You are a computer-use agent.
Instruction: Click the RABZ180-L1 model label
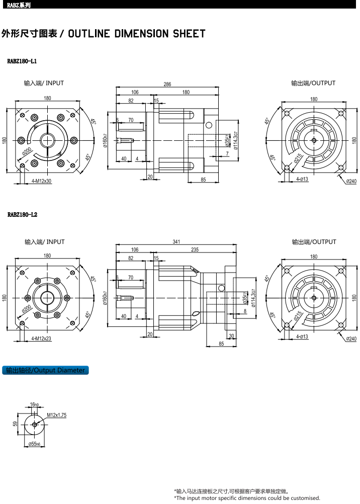[22, 61]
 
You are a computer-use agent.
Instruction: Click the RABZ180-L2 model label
[22, 214]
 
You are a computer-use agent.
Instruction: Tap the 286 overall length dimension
[167, 84]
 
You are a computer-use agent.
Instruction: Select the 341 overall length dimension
[176, 242]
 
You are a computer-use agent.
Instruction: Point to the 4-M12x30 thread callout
[41, 181]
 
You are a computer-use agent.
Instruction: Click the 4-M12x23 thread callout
[41, 339]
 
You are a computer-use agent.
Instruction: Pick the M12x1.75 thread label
[57, 415]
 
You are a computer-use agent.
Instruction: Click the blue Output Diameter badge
[45, 370]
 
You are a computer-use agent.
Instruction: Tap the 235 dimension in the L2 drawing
[195, 249]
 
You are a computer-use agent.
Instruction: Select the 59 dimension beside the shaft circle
[15, 424]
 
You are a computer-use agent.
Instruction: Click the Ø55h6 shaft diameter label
[34, 444]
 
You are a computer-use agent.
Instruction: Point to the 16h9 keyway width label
[34, 404]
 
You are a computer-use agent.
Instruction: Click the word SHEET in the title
[189, 33]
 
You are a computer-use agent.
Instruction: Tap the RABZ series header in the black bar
[19, 5]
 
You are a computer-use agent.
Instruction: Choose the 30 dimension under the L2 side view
[232, 336]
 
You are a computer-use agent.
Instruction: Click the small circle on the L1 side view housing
[209, 125]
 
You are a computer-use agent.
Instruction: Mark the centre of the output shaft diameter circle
[34, 425]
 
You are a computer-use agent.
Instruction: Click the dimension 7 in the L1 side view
[227, 153]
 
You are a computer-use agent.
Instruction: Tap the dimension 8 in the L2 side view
[245, 311]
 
